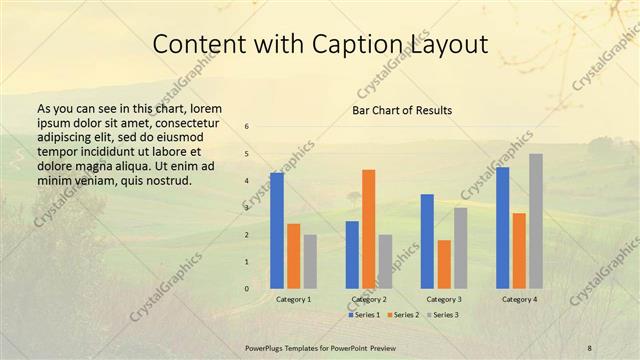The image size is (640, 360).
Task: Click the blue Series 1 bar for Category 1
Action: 277,230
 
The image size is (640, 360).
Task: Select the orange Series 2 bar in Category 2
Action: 369,228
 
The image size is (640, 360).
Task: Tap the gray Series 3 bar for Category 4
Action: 536,220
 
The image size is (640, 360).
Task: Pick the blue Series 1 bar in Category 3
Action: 427,241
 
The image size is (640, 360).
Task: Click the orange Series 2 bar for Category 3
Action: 444,264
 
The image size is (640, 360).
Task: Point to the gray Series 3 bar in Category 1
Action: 310,261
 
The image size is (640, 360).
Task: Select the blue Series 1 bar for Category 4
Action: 502,227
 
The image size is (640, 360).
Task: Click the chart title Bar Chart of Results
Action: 402,110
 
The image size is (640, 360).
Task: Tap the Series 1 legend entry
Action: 364,315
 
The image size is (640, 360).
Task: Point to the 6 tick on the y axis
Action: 247,126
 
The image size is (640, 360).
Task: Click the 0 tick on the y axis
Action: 247,289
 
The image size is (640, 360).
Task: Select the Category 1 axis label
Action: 293,299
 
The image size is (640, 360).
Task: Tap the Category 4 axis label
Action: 519,299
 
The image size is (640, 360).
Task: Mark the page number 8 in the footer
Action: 590,347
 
